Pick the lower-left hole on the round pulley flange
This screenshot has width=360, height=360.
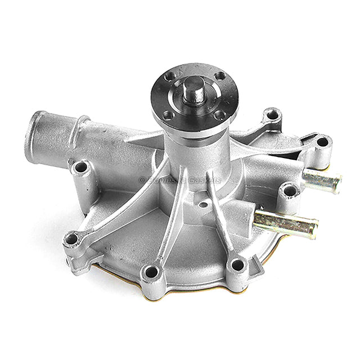(x=168, y=115)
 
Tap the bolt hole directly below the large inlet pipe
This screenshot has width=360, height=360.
(x=82, y=167)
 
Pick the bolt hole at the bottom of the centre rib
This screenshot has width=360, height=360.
(x=151, y=272)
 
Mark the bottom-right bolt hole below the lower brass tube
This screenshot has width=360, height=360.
(x=238, y=264)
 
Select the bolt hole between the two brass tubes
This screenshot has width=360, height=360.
(x=290, y=191)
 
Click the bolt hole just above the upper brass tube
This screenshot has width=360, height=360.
(x=322, y=142)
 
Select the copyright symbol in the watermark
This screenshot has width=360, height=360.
(x=142, y=179)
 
